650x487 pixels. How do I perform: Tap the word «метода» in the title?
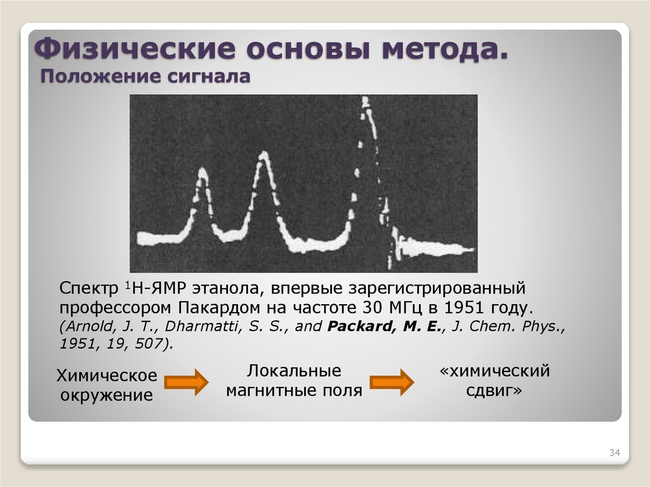pyautogui.click(x=443, y=49)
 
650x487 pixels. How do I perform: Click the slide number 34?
pyautogui.click(x=614, y=453)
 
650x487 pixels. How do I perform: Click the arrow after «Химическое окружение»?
pyautogui.click(x=186, y=382)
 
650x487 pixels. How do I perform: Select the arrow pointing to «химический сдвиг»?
pyautogui.click(x=392, y=382)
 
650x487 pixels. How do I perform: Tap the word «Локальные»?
pyautogui.click(x=294, y=371)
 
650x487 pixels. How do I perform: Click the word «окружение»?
pyautogui.click(x=107, y=396)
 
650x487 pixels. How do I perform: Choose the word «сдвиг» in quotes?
pyautogui.click(x=494, y=390)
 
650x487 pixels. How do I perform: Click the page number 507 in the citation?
pyautogui.click(x=152, y=344)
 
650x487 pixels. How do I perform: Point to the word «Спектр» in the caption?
pyautogui.click(x=86, y=289)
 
